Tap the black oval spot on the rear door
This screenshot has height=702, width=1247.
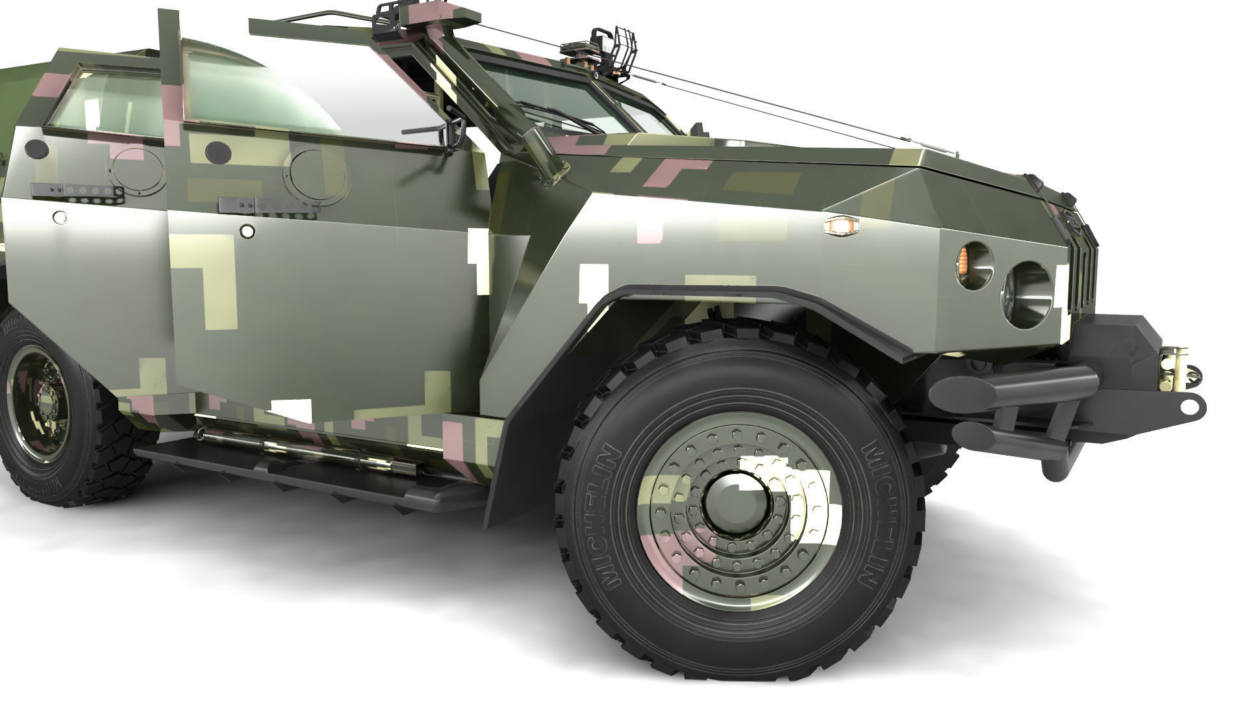tap(37, 149)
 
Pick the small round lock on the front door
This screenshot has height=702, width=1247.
tap(247, 231)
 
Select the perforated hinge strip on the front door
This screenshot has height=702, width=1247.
tap(269, 205)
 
